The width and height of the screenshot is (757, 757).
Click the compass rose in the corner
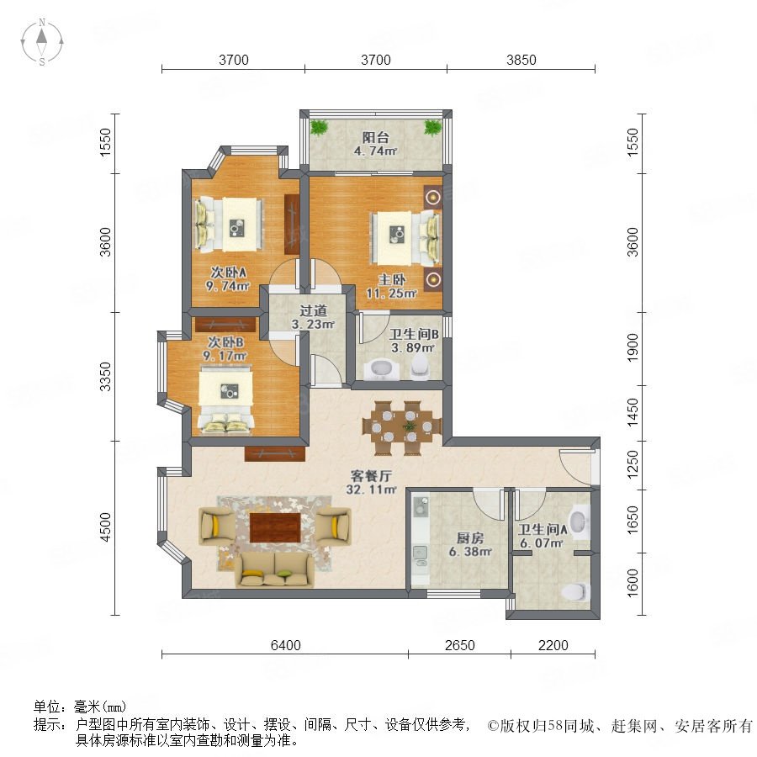pos(42,42)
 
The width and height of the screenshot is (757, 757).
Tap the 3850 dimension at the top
pos(521,60)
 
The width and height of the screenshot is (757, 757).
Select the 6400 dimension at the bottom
pos(285,645)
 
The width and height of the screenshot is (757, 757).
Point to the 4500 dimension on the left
pos(105,527)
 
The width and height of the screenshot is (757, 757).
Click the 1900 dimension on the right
pos(632,347)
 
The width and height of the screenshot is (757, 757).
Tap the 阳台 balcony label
pos(376,138)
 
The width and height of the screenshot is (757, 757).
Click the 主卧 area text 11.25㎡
pos(391,293)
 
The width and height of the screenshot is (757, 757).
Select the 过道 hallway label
pos(313,310)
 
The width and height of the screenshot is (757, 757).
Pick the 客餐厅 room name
pos(371,476)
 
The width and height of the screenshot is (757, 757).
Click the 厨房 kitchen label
pos(470,537)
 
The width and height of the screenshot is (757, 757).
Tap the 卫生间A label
pos(543,530)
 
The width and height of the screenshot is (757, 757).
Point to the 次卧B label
pos(225,342)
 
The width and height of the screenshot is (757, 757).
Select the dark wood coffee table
pos(275,527)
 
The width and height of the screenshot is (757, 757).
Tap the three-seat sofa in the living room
pos(273,570)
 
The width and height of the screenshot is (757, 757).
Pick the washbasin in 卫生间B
pos(381,369)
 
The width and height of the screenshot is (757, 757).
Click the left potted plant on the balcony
pos(319,128)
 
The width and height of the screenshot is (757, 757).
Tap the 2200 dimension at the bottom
pos(553,645)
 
